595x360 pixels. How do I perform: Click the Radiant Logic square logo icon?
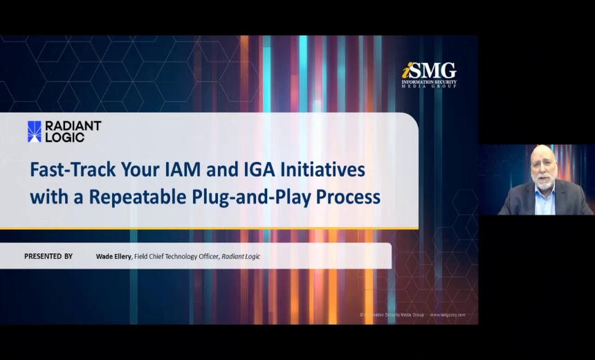pyautogui.click(x=34, y=132)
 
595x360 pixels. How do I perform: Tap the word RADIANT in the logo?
pyautogui.click(x=73, y=126)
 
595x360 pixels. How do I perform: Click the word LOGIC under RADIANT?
pyautogui.click(x=64, y=137)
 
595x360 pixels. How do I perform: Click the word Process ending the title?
pyautogui.click(x=348, y=197)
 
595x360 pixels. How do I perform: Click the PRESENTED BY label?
pyautogui.click(x=48, y=256)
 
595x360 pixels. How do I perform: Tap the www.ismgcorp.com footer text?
pyautogui.click(x=448, y=314)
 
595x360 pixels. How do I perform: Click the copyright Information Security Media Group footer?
pyautogui.click(x=392, y=314)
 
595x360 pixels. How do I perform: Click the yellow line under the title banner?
pyautogui.click(x=208, y=228)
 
